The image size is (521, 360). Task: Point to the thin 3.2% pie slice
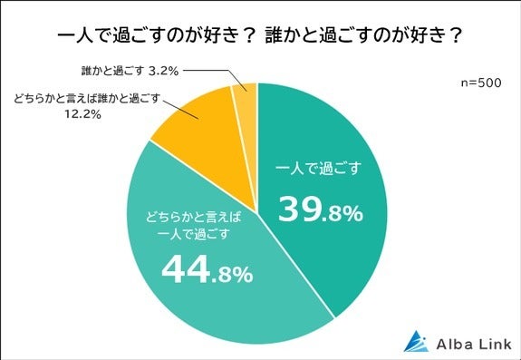click(242, 100)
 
